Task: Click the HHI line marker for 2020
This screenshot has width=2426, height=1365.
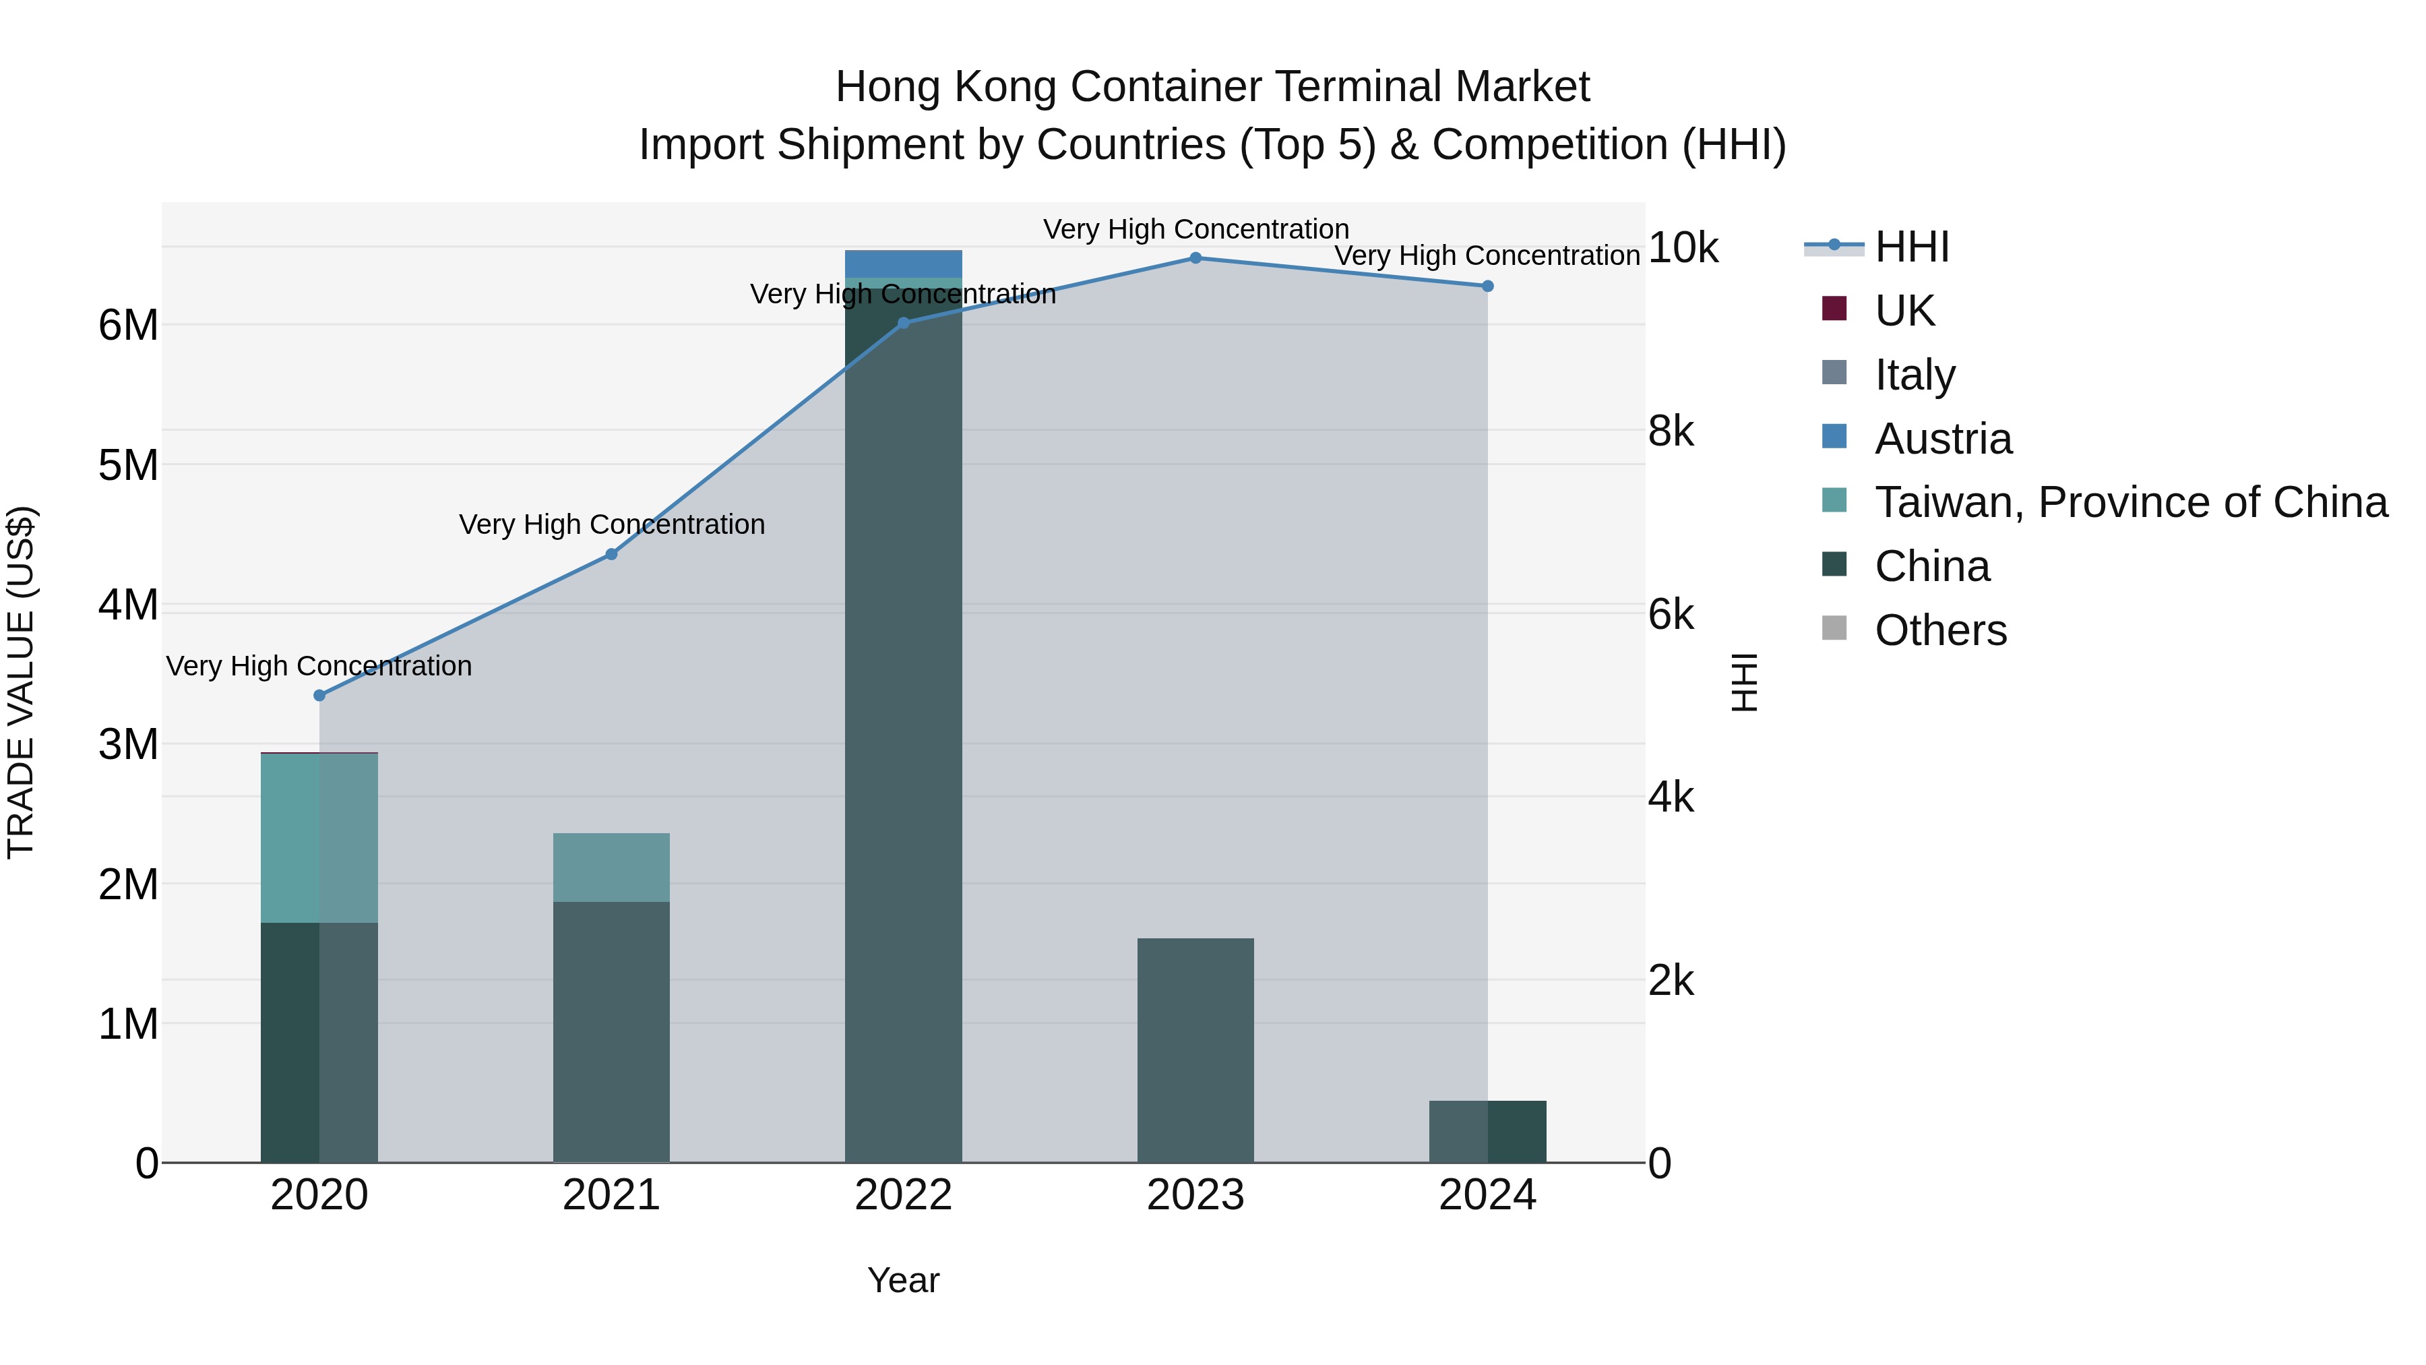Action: pyautogui.click(x=319, y=695)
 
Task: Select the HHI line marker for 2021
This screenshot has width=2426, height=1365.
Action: pyautogui.click(x=611, y=554)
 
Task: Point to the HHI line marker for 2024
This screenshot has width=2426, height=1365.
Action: pyautogui.click(x=1487, y=285)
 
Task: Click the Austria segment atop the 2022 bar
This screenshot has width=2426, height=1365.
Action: pyautogui.click(x=903, y=263)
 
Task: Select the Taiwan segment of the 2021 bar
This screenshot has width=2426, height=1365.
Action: pyautogui.click(x=611, y=867)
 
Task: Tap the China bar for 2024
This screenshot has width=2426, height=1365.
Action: pyautogui.click(x=1487, y=1130)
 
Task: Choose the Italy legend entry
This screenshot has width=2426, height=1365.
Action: pyautogui.click(x=1914, y=374)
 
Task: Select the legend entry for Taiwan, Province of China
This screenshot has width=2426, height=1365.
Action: pyautogui.click(x=2129, y=502)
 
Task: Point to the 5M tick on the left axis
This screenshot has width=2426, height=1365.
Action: pyautogui.click(x=128, y=464)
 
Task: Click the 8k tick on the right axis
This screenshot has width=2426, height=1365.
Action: pyautogui.click(x=1671, y=431)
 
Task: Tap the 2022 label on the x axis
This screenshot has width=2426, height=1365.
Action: pyautogui.click(x=903, y=1194)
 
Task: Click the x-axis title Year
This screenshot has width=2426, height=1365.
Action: pyautogui.click(x=903, y=1280)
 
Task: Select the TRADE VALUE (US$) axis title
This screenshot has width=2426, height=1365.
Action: pyautogui.click(x=21, y=682)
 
